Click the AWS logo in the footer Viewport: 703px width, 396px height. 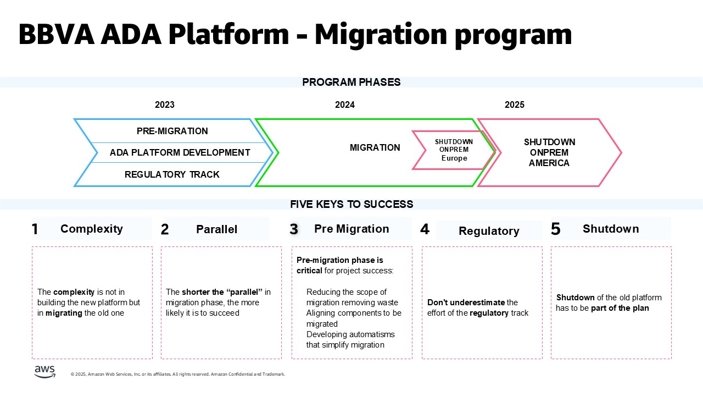pyautogui.click(x=44, y=372)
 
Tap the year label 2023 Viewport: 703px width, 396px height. pyautogui.click(x=165, y=105)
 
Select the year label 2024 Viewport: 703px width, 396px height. pyautogui.click(x=345, y=105)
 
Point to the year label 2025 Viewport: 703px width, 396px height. pyautogui.click(x=515, y=105)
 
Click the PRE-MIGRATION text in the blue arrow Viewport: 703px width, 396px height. pyautogui.click(x=172, y=131)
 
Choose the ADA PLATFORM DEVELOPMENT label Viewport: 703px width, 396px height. pyautogui.click(x=180, y=152)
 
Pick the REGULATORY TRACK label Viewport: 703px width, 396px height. pyautogui.click(x=172, y=174)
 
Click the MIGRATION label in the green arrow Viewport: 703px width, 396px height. pyautogui.click(x=375, y=147)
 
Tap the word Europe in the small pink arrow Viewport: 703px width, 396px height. pyautogui.click(x=454, y=158)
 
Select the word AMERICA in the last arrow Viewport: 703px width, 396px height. pyautogui.click(x=549, y=163)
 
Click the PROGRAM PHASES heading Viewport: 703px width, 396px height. pyautogui.click(x=351, y=82)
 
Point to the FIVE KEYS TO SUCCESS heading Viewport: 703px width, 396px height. pyautogui.click(x=351, y=205)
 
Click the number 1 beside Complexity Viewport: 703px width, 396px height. pyautogui.click(x=35, y=229)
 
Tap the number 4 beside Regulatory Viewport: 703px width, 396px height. pyautogui.click(x=425, y=229)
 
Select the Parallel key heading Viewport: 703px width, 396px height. pyautogui.click(x=217, y=229)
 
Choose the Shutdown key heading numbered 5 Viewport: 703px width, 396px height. pyautogui.click(x=611, y=229)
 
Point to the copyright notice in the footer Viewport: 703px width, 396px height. pyautogui.click(x=178, y=375)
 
